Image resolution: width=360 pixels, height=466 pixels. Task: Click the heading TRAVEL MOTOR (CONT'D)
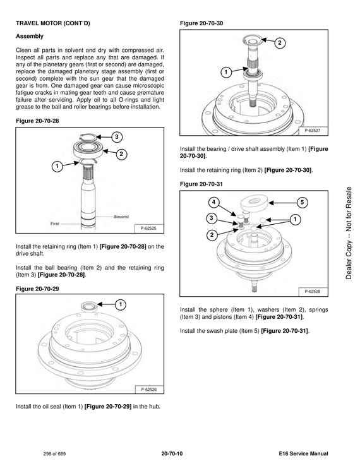53,23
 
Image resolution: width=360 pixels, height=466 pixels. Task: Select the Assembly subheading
30,36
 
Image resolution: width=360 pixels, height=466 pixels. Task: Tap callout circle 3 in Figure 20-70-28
117,137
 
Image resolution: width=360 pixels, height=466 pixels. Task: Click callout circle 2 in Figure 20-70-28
121,154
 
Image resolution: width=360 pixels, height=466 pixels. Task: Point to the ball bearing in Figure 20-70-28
88,148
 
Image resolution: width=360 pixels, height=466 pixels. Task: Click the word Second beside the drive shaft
121,217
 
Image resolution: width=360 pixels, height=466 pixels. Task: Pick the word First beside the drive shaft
55,224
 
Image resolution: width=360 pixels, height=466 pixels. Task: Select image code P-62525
148,228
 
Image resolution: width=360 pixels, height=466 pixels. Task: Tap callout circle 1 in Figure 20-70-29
121,304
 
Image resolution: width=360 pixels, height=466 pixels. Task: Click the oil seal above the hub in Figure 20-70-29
89,306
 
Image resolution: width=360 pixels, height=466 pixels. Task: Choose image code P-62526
148,390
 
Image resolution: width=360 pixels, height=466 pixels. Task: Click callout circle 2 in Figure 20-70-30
280,43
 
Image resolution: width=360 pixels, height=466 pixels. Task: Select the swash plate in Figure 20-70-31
253,203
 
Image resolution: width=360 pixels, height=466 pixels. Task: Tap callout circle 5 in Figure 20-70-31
303,203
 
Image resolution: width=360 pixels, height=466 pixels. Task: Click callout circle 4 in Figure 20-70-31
213,203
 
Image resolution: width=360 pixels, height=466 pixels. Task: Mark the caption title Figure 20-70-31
201,184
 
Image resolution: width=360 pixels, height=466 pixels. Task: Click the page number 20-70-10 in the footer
172,453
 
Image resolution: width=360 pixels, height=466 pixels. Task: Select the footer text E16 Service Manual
304,453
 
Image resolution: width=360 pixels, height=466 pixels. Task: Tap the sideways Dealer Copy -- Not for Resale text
349,233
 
